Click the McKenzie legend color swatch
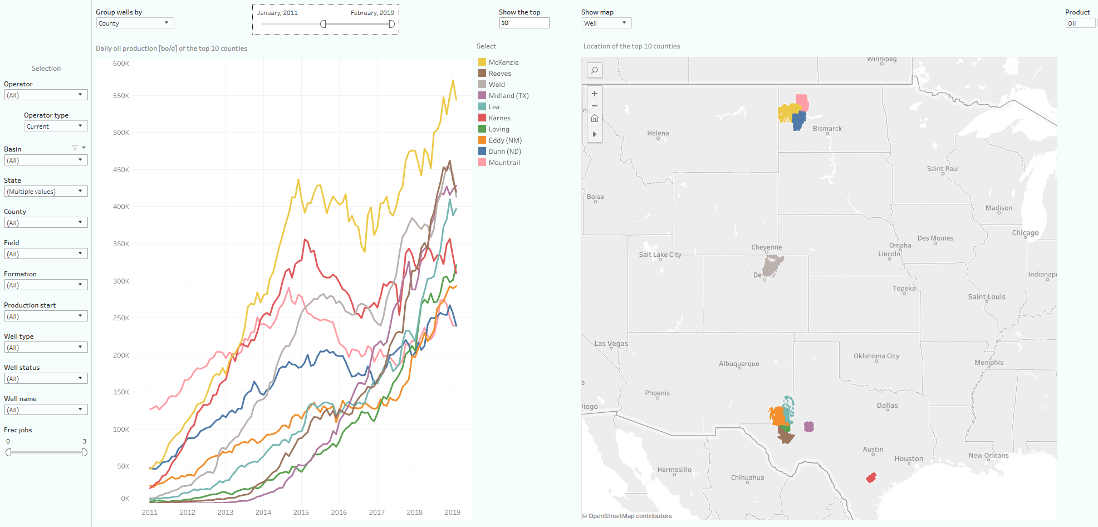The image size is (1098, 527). click(x=482, y=62)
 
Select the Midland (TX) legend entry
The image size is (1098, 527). click(x=508, y=96)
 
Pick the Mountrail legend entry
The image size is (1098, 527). click(x=504, y=163)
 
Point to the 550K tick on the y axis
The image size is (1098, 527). click(x=121, y=96)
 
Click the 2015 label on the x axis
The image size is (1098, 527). click(x=301, y=512)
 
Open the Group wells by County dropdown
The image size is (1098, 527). click(x=135, y=23)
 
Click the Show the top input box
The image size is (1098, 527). click(x=524, y=23)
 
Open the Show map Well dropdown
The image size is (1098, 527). click(x=606, y=23)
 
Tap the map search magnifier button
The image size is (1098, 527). click(x=595, y=70)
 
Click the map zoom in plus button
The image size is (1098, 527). click(x=595, y=94)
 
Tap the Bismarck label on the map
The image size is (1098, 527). click(x=827, y=129)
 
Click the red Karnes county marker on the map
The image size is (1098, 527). click(x=871, y=477)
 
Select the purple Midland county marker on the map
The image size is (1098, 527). click(x=809, y=427)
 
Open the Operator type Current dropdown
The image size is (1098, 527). click(x=56, y=126)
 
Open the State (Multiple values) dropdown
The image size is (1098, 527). click(x=46, y=192)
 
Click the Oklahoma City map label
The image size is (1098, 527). click(x=876, y=356)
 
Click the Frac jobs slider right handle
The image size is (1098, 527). click(x=84, y=452)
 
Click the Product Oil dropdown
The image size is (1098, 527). click(x=1080, y=23)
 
